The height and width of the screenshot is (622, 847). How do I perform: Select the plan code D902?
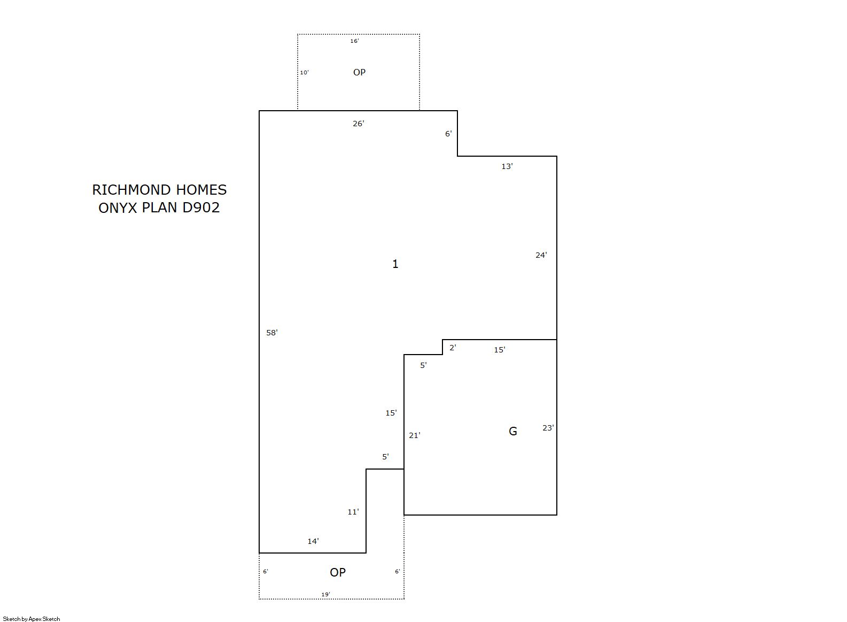click(201, 208)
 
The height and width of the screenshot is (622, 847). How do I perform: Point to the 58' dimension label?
click(272, 333)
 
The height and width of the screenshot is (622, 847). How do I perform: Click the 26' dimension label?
click(359, 124)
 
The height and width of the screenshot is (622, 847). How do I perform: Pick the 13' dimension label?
click(507, 166)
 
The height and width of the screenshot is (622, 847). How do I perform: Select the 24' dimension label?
click(541, 256)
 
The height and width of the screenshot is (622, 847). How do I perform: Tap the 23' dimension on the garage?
click(548, 428)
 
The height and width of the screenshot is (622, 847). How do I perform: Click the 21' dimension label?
click(415, 435)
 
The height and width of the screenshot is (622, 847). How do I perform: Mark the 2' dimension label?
click(453, 348)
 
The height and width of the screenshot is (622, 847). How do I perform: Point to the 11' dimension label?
click(353, 512)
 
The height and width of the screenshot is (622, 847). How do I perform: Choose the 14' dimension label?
click(313, 541)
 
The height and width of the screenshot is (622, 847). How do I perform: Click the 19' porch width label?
click(325, 594)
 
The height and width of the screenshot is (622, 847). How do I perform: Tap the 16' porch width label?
click(354, 41)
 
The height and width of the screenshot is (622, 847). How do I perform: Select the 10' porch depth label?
click(305, 72)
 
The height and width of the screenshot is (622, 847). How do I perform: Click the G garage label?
click(512, 431)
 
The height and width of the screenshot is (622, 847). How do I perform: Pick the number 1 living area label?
click(395, 264)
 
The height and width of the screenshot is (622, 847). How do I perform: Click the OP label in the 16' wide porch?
click(359, 72)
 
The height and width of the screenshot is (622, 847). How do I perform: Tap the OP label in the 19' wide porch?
click(338, 572)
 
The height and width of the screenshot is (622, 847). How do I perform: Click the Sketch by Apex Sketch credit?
click(32, 619)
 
